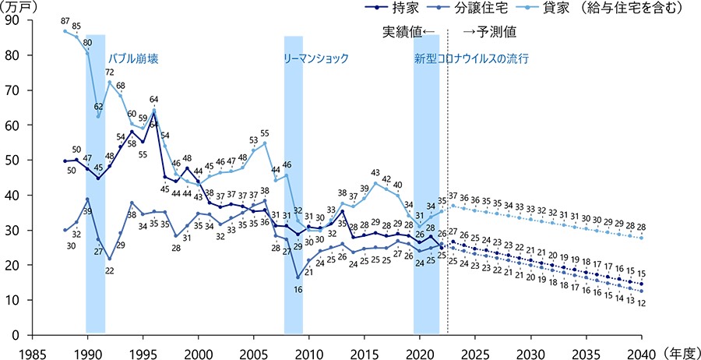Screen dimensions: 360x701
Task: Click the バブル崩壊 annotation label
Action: pos(133,58)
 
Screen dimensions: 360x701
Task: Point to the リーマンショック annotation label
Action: pos(316,58)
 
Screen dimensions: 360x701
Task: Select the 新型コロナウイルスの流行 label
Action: pos(471,58)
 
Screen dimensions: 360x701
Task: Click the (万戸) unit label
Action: pos(18,6)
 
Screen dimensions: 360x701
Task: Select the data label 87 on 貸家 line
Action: pos(65,21)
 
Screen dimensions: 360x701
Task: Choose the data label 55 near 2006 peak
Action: pos(265,133)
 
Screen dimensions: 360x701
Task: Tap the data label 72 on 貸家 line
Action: pos(110,72)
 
